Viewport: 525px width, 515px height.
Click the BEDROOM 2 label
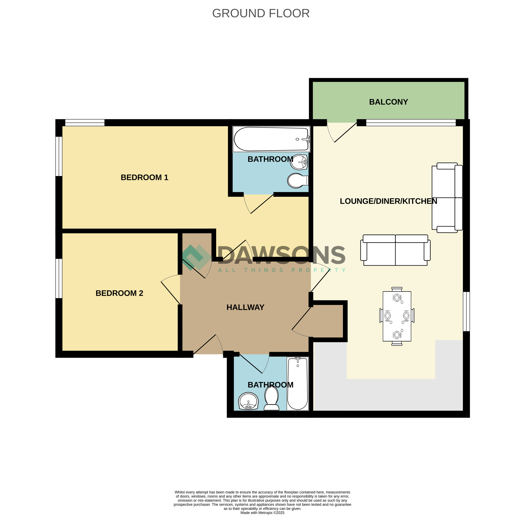pos(119,293)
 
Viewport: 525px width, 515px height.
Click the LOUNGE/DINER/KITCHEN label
pos(388,201)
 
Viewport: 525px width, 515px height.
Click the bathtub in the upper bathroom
pos(271,139)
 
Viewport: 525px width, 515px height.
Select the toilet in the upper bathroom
pos(297,180)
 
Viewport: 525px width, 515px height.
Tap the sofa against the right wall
pos(447,197)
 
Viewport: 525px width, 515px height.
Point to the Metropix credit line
pos(262,513)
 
